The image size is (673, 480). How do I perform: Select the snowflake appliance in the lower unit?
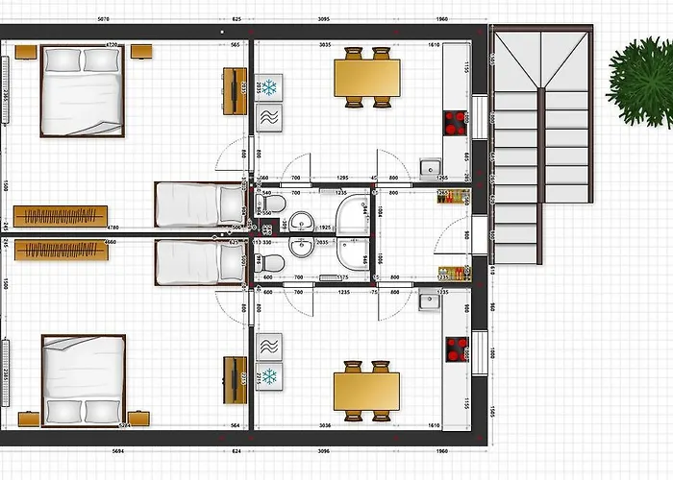pyautogui.click(x=270, y=374)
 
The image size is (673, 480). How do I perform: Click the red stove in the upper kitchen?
pyautogui.click(x=455, y=123)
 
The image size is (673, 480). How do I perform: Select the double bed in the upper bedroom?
pyautogui.click(x=82, y=91)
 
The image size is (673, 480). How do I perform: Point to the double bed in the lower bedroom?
pyautogui.click(x=82, y=378)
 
